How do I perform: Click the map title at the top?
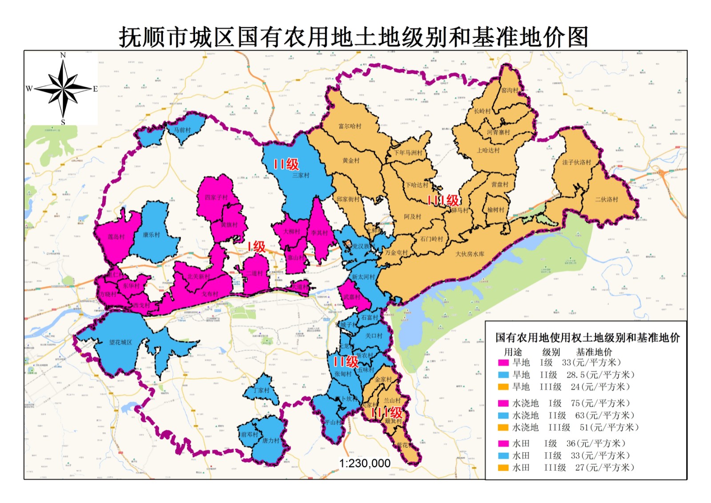point(354,37)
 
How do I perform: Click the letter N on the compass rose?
point(63,55)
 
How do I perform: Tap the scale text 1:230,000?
point(365,463)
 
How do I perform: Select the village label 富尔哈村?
point(350,126)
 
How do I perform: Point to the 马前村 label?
point(182,130)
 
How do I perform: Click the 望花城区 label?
point(120,342)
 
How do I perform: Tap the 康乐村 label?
point(151,235)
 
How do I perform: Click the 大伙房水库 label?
point(470,254)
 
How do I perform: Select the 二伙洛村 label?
point(607,200)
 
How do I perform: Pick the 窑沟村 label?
point(509,90)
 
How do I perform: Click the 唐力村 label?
point(271,441)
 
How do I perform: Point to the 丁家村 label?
point(261,391)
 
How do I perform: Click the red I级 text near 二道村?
point(256,247)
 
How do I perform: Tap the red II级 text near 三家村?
point(286,164)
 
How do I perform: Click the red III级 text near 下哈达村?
point(443,200)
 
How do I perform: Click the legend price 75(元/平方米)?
point(600,403)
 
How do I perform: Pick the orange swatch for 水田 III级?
point(503,468)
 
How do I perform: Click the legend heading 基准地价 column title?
point(594,352)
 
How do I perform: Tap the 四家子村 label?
point(216,197)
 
